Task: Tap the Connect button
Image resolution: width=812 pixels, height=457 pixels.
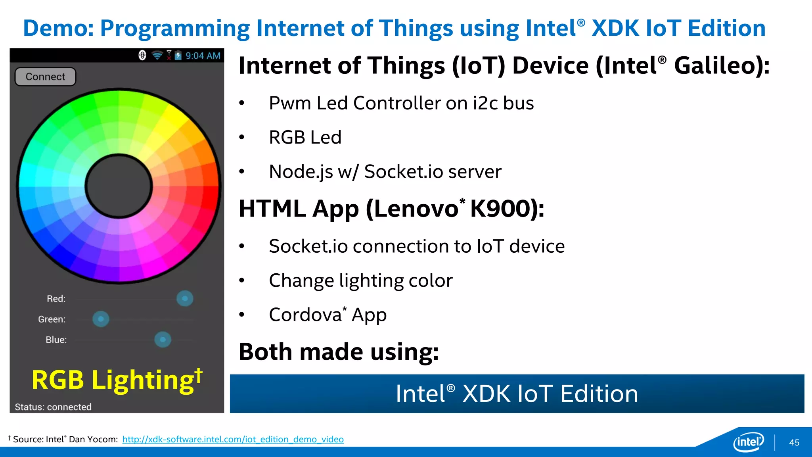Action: (45, 77)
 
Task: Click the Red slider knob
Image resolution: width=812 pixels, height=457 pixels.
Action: (185, 298)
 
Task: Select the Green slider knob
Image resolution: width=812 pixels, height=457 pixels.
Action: (101, 319)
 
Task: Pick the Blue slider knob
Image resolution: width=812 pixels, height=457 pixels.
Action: (163, 340)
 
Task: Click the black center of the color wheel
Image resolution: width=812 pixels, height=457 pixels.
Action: (119, 186)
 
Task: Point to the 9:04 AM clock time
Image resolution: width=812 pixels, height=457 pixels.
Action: (203, 56)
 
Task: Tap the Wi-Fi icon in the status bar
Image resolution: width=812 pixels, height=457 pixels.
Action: (157, 56)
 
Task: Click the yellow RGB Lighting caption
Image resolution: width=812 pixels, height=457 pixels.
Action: (117, 380)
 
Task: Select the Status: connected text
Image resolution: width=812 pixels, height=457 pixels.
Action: (53, 407)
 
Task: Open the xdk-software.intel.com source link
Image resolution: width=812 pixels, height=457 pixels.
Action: (233, 440)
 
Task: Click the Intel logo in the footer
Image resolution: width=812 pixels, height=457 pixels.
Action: (748, 442)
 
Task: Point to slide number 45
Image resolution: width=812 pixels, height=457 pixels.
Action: (794, 443)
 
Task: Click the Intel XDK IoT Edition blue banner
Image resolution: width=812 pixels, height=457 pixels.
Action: (517, 394)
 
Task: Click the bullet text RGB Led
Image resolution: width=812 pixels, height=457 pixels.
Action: (305, 137)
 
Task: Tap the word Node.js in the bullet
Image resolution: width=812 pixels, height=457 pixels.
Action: (301, 172)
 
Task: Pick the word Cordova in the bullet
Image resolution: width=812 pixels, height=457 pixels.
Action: (305, 315)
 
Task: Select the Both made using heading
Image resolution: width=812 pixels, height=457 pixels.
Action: (339, 352)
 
